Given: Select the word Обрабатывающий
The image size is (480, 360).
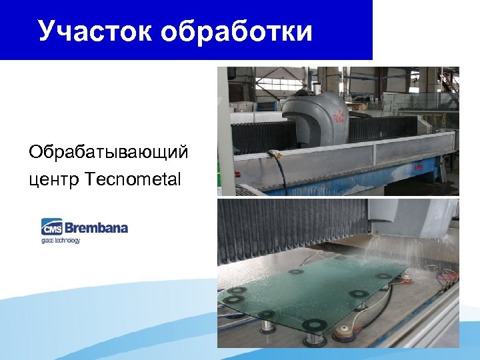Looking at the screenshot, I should click(x=108, y=153).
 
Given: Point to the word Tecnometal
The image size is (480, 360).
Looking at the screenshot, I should click(x=133, y=179).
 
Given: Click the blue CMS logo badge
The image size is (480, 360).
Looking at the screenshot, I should click(x=51, y=227).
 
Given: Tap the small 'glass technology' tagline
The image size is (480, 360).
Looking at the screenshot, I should click(x=60, y=240).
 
